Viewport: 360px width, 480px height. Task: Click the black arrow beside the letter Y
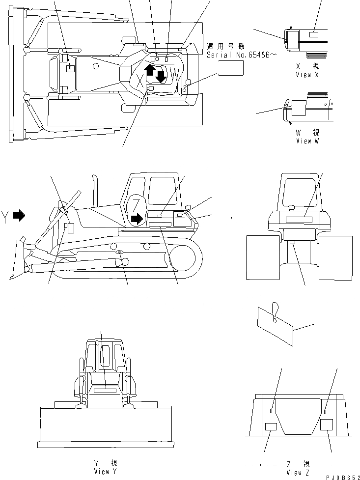[19, 215]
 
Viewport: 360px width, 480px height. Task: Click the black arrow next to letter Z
[138, 217]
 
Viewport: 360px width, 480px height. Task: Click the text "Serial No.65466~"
[238, 56]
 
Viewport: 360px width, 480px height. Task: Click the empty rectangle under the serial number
[231, 70]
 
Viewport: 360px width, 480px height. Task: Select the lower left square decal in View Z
[271, 426]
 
